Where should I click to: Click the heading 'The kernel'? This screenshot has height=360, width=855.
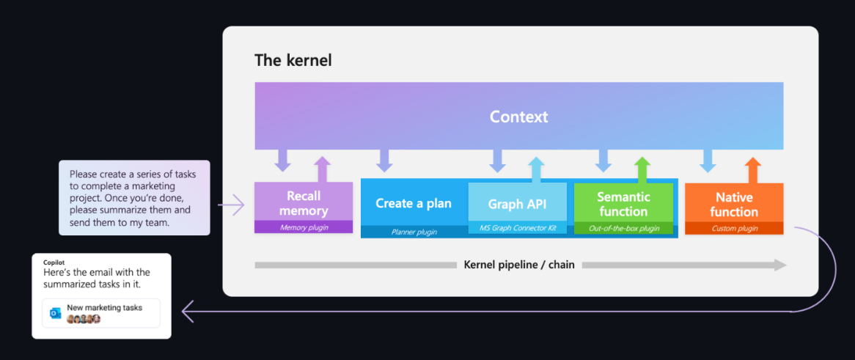[x=293, y=60]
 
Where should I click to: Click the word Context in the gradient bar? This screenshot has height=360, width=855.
[x=518, y=117]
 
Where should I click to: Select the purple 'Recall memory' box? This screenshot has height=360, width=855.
[x=304, y=207]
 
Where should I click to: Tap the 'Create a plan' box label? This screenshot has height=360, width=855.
[x=414, y=203]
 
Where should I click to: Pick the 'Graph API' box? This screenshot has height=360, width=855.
[x=518, y=208]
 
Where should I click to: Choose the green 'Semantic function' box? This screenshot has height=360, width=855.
[x=623, y=208]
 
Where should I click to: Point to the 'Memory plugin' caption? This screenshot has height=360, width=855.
[x=304, y=227]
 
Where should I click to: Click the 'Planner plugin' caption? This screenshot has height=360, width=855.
[x=414, y=232]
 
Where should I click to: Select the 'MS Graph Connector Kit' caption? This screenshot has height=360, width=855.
[x=518, y=228]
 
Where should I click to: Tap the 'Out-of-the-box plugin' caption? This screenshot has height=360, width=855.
[x=623, y=228]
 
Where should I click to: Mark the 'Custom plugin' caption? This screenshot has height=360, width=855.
[x=735, y=229]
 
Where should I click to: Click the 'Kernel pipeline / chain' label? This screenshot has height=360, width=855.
[x=519, y=265]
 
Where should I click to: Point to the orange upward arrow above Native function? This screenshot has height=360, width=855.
[x=753, y=170]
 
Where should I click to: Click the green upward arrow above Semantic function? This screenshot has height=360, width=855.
[x=642, y=170]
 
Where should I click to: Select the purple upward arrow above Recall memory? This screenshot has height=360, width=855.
[x=323, y=169]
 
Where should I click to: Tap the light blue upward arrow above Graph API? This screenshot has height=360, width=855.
[x=537, y=170]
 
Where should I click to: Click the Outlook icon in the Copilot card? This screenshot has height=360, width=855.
[x=55, y=313]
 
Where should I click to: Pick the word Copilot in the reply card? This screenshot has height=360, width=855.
[x=54, y=262]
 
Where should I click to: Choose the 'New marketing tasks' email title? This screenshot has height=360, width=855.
[x=105, y=308]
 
